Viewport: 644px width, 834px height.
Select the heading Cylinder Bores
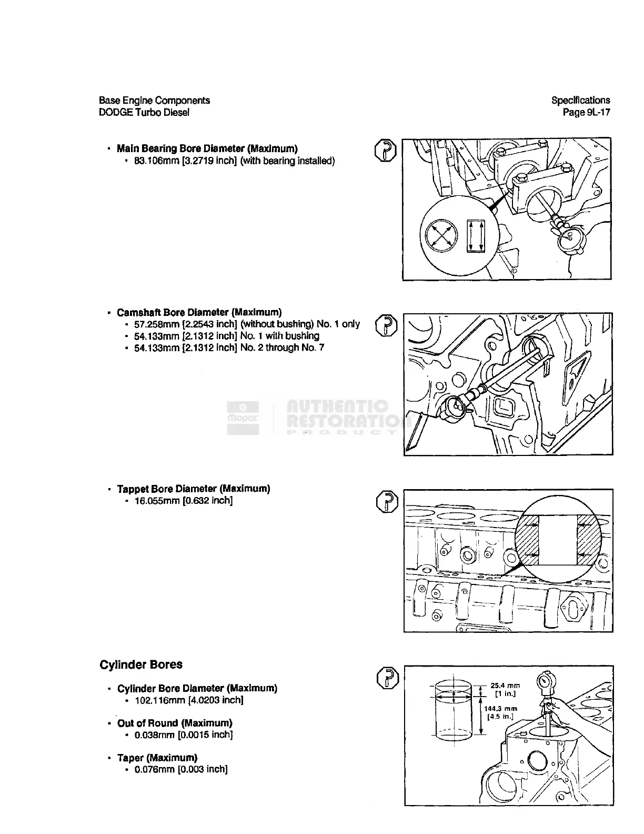[141, 664]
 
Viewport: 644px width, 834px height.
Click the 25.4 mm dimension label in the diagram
[505, 686]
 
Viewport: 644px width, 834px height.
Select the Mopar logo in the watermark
[243, 418]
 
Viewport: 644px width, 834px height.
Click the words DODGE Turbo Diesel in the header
[144, 112]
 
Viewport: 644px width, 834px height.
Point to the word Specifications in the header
[580, 100]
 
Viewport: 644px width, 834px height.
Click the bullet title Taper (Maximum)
[157, 758]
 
